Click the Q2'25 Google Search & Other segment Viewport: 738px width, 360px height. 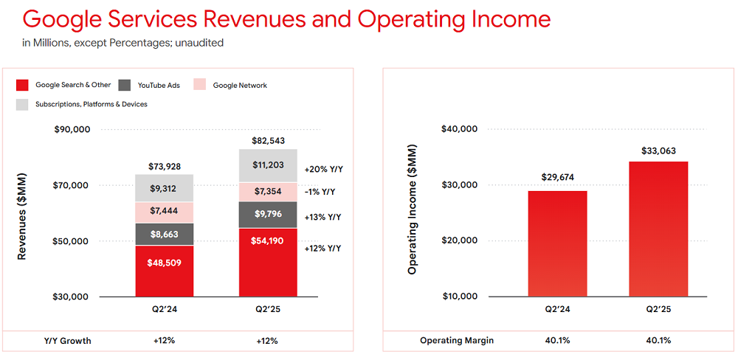(268, 262)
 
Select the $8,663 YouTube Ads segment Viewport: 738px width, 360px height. (165, 234)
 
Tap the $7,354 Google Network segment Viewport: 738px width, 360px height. (268, 192)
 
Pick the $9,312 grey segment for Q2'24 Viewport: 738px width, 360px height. (165, 188)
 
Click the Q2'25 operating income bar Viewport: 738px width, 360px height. (658, 229)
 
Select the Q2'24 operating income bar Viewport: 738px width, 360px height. (557, 243)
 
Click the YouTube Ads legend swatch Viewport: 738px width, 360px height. (123, 86)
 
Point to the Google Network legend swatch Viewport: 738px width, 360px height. (200, 86)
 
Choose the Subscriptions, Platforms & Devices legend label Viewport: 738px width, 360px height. (92, 104)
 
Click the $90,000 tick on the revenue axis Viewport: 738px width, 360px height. (72, 129)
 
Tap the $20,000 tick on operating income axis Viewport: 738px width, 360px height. (459, 240)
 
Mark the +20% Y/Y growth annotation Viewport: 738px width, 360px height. (324, 169)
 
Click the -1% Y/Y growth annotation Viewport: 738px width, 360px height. (320, 192)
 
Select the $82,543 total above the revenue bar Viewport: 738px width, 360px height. (268, 140)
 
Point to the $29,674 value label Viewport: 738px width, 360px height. (557, 178)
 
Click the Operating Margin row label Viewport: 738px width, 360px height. (457, 341)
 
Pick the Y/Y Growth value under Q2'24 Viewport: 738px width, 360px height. (165, 341)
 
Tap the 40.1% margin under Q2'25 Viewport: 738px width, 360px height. (658, 341)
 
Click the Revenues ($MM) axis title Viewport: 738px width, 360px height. (22, 214)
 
